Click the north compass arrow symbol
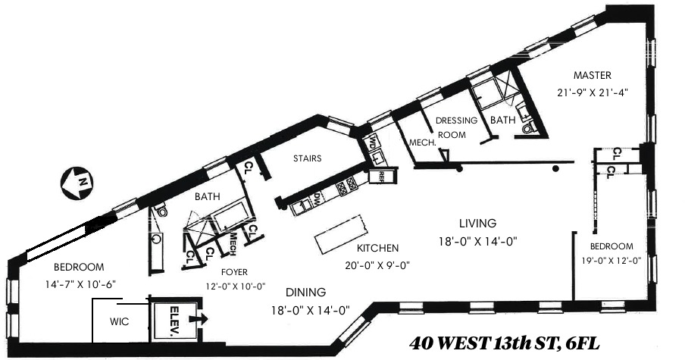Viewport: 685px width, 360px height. pyautogui.click(x=77, y=182)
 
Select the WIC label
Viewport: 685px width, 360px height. pyautogui.click(x=119, y=322)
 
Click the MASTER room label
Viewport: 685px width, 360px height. pyautogui.click(x=592, y=75)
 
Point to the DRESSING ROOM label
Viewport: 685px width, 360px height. pyautogui.click(x=455, y=125)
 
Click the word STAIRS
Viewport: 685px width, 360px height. pyautogui.click(x=307, y=159)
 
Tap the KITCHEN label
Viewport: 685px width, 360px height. pyautogui.click(x=379, y=248)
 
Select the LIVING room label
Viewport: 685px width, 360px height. pyautogui.click(x=477, y=224)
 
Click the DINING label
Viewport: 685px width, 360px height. pyautogui.click(x=305, y=292)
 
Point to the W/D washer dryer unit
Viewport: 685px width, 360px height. pyautogui.click(x=374, y=144)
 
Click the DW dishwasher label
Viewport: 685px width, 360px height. pyautogui.click(x=317, y=199)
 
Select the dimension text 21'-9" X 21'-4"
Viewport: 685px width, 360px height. pyautogui.click(x=591, y=91)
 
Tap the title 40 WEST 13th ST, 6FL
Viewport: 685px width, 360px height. pyautogui.click(x=504, y=343)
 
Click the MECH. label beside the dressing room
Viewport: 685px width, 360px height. pyautogui.click(x=421, y=142)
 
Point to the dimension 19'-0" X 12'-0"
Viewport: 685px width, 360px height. pyautogui.click(x=611, y=261)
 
